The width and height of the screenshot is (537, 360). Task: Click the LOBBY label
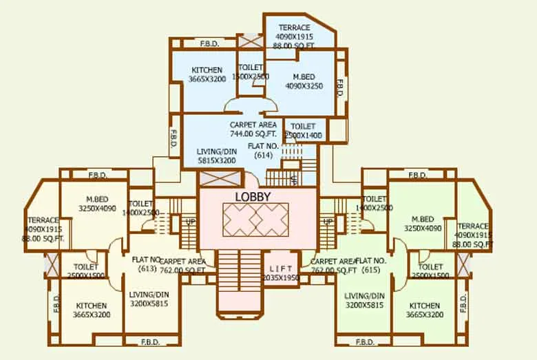pyautogui.click(x=253, y=196)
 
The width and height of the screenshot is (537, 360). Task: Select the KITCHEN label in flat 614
pyautogui.click(x=207, y=70)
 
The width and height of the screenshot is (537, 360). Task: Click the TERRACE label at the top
pyautogui.click(x=294, y=28)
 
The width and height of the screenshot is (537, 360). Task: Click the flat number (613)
pyautogui.click(x=147, y=268)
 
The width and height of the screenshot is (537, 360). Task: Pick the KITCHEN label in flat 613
pyautogui.click(x=92, y=306)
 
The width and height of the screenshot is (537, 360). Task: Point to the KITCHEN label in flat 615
pyautogui.click(x=425, y=306)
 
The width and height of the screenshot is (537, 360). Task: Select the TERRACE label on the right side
pyautogui.click(x=473, y=226)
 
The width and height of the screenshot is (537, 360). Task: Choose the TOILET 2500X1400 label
pyautogui.click(x=303, y=127)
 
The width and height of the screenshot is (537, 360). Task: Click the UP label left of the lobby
pyautogui.click(x=190, y=222)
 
